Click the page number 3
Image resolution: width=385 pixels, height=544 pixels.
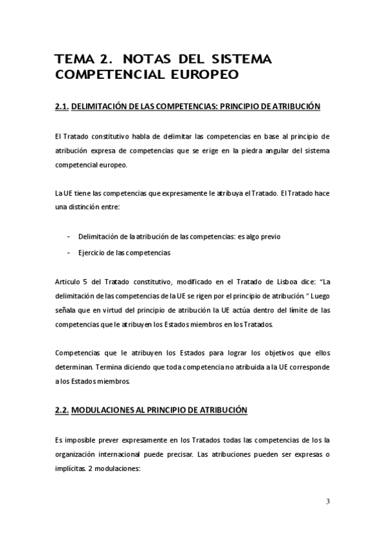pyautogui.click(x=328, y=502)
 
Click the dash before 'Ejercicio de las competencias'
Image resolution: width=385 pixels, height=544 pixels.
pyautogui.click(x=68, y=253)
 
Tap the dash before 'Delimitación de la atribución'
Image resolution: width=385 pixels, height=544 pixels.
pyautogui.click(x=68, y=237)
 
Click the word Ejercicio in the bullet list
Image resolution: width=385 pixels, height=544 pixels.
pyautogui.click(x=93, y=253)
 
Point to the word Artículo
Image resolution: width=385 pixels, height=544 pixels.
pyautogui.click(x=69, y=282)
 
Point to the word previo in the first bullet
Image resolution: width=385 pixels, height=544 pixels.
pyautogui.click(x=251, y=237)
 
